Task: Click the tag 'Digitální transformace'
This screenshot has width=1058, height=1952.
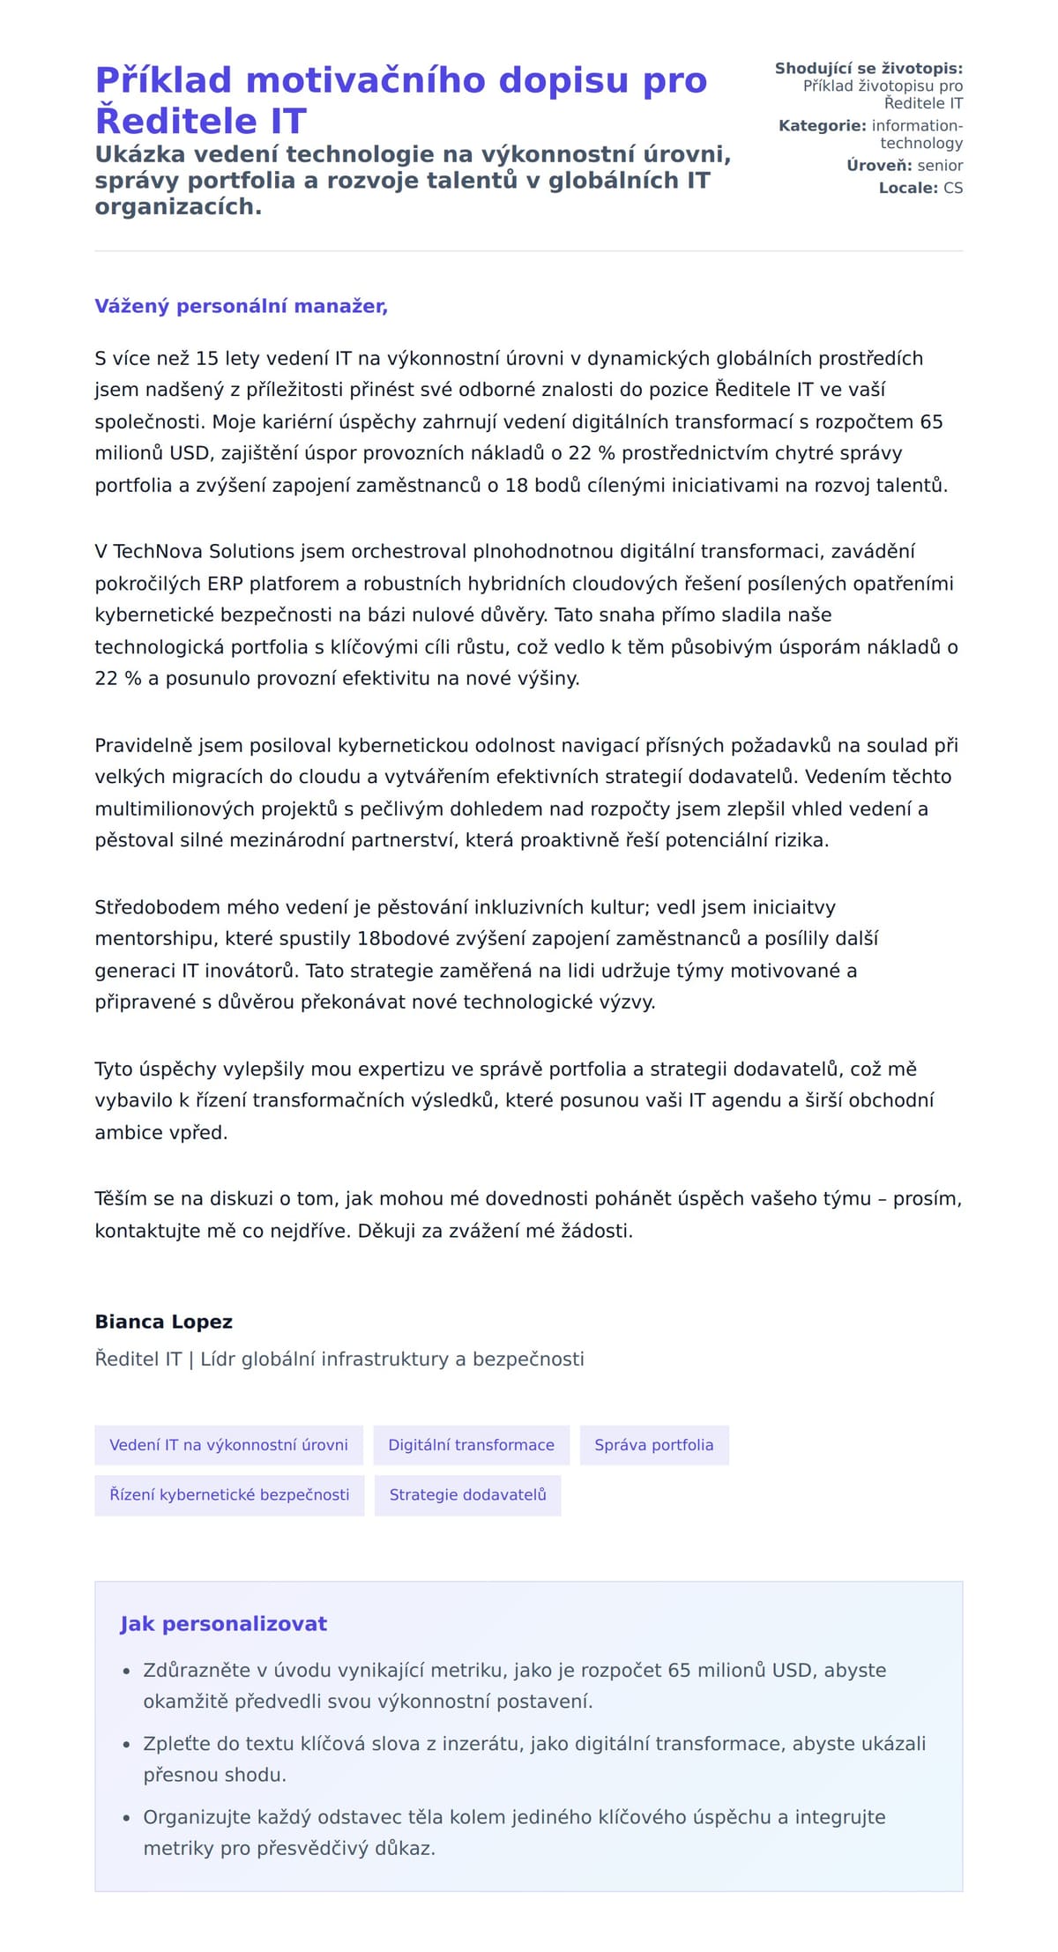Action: [x=471, y=1444]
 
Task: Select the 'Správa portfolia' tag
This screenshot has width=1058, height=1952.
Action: [x=653, y=1444]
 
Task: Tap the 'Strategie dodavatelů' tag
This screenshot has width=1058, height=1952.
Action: [x=467, y=1494]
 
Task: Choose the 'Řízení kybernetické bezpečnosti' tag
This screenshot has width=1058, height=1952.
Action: [x=229, y=1494]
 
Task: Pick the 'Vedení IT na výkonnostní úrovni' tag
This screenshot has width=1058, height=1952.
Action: [x=228, y=1444]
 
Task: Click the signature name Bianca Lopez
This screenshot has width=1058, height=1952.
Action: [x=164, y=1322]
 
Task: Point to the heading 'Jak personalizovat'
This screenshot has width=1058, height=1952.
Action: [x=223, y=1624]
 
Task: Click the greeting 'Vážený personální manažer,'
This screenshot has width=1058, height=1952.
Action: [x=241, y=306]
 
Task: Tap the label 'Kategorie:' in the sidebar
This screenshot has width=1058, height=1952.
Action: [x=822, y=126]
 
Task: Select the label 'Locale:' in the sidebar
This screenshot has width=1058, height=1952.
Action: [x=908, y=188]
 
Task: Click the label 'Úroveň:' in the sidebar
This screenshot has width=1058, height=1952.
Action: [x=879, y=166]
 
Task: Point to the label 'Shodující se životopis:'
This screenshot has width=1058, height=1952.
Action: [x=868, y=69]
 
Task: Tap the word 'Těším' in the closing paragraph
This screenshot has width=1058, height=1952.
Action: [x=121, y=1198]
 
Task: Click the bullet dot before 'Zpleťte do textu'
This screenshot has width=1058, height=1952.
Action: [x=126, y=1745]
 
